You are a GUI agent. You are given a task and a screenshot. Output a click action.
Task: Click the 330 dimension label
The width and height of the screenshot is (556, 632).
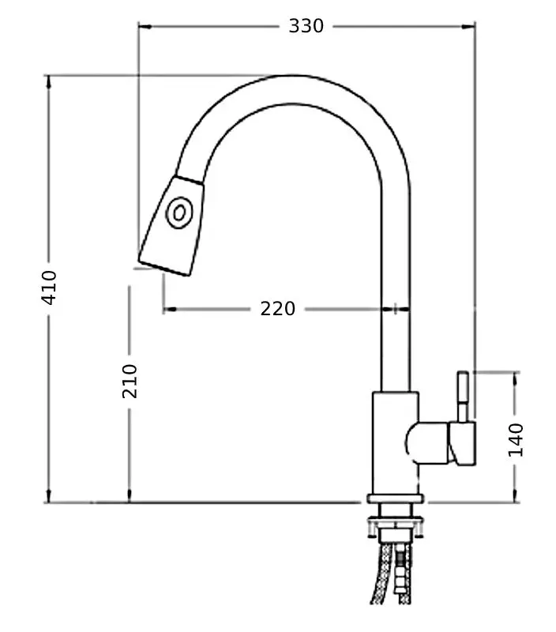click(306, 26)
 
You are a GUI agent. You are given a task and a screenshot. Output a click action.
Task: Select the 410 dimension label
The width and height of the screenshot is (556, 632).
click(49, 288)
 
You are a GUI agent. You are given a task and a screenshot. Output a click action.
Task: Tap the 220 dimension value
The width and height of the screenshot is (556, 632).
click(278, 309)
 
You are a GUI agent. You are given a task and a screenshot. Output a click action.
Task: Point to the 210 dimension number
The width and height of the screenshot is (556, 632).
click(130, 381)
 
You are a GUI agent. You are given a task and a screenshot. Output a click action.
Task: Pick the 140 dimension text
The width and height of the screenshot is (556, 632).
click(516, 439)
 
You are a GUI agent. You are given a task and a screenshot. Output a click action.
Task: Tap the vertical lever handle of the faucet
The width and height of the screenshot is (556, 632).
click(463, 395)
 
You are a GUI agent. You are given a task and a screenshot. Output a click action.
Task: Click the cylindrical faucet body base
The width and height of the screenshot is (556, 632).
click(393, 442)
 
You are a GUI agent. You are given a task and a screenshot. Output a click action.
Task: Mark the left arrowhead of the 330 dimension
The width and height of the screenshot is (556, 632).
click(142, 26)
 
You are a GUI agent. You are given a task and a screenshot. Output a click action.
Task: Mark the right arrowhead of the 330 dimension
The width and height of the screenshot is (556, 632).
click(471, 26)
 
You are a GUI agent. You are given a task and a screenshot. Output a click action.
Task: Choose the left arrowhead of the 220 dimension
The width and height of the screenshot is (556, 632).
click(167, 309)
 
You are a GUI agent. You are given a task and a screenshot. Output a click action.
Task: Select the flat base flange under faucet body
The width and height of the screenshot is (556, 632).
click(395, 498)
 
